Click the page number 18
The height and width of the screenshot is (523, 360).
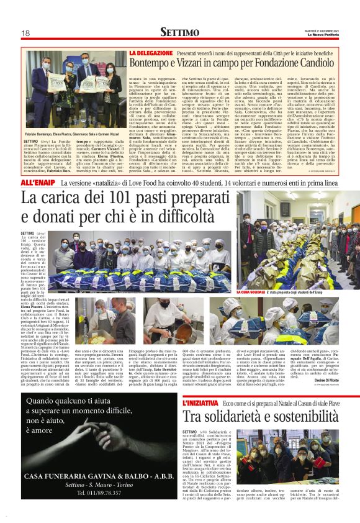click(x=27, y=33)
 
